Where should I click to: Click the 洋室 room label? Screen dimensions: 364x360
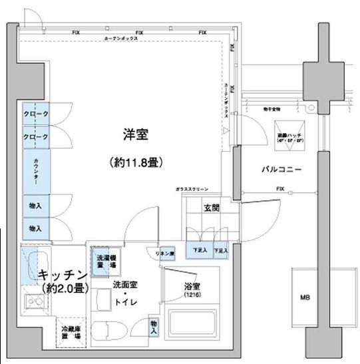tap(134, 134)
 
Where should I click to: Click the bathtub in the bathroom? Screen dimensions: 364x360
tap(194, 325)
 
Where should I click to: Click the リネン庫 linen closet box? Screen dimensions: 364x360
tap(165, 254)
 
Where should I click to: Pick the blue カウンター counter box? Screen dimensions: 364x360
tap(36, 170)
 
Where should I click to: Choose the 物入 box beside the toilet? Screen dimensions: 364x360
tap(154, 327)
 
